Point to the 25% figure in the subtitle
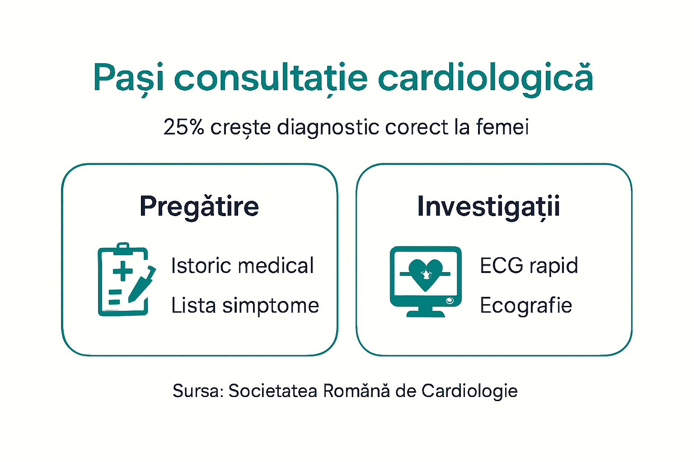point(183,127)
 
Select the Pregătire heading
point(199,206)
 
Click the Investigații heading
point(488,206)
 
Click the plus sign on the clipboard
point(122,272)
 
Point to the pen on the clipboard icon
point(142,285)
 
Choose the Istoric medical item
point(242,265)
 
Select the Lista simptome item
point(245,305)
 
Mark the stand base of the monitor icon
point(425,313)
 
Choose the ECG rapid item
point(529,265)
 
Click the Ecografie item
point(526,305)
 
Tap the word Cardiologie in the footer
point(469,391)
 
